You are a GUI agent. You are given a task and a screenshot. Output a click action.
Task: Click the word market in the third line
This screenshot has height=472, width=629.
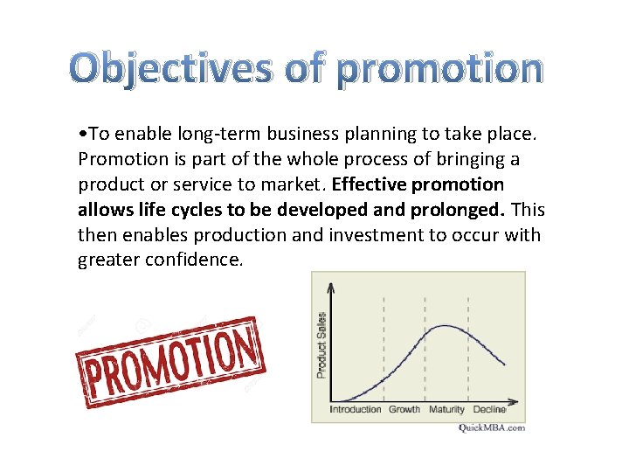pos(295,184)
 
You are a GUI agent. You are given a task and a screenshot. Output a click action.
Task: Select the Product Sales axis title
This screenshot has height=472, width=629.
pos(321,344)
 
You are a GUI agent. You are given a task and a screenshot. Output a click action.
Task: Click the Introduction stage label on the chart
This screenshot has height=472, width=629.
pos(356,409)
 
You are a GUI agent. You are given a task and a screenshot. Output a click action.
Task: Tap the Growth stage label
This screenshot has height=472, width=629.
pos(404,409)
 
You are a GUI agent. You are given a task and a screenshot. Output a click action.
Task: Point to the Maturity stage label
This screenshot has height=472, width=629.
pos(446,409)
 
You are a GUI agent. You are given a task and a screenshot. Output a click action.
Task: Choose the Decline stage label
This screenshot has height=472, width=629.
pos(489,409)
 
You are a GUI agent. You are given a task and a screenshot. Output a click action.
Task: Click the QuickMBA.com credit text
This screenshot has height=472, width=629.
pos(492,427)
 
